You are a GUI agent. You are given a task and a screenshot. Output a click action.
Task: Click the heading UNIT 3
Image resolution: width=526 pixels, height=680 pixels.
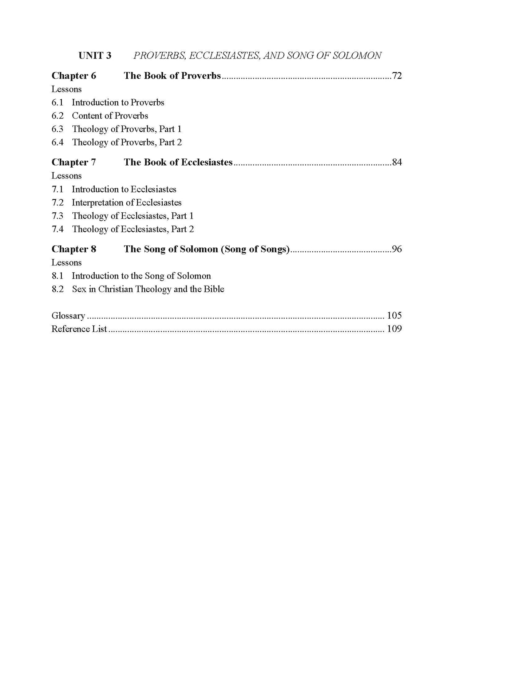coord(95,55)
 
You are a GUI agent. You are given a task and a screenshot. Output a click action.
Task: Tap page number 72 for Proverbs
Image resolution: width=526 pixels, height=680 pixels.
coord(396,76)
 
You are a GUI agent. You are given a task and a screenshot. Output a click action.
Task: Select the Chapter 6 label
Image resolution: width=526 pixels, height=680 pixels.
coord(74,76)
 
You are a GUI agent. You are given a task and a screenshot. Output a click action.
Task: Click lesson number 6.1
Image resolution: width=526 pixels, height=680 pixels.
coord(58,103)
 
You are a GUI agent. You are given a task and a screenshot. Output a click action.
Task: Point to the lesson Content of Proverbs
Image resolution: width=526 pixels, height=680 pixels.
coord(110,116)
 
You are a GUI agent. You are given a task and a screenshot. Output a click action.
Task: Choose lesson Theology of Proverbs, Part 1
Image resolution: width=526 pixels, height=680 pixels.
coord(127,129)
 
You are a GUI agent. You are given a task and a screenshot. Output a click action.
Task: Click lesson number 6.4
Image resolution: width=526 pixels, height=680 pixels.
coord(58,142)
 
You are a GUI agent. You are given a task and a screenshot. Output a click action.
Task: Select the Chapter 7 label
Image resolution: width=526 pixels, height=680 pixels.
coord(74,162)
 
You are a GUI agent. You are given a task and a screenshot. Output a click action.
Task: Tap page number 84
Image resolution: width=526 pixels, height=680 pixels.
coord(396,162)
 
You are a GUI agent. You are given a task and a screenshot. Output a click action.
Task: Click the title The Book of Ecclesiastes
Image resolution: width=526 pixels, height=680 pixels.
coord(178,162)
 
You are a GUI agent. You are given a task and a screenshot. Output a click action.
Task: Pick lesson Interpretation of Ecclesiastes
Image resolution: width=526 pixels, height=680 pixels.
coord(127,203)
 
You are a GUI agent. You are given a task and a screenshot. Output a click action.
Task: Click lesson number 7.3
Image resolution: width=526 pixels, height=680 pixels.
coord(58,216)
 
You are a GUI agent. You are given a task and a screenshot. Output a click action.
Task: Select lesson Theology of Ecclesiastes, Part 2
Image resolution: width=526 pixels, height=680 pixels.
coord(133,229)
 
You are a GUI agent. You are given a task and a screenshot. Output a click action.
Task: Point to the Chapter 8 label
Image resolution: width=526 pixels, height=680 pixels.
coord(74,249)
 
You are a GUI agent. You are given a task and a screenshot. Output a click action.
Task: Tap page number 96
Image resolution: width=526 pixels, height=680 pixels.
coord(396,249)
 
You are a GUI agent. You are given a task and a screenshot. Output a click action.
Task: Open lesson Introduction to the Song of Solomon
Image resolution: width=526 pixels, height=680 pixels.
coord(141,276)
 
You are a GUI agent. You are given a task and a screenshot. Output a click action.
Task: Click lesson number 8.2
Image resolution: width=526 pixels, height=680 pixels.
coord(58,289)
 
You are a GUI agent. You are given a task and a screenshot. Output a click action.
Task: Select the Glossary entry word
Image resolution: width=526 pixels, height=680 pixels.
coord(68,316)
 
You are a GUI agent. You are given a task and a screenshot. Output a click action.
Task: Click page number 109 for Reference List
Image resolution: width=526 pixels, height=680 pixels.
coord(394,329)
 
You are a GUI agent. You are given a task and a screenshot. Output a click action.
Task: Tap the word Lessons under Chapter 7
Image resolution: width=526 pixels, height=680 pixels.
coord(66,176)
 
